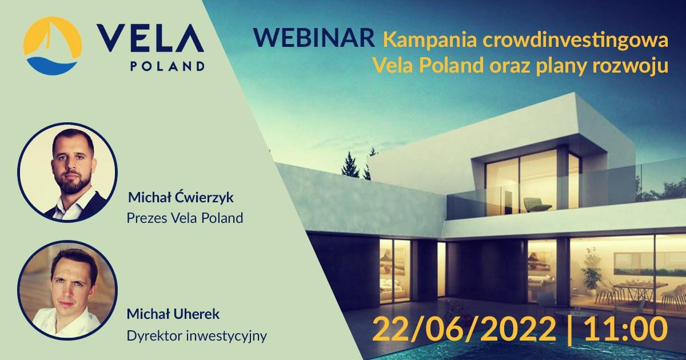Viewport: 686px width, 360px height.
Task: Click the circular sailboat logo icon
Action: [53, 46]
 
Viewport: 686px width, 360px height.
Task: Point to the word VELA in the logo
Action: [150, 38]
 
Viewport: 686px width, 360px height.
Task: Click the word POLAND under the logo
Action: [167, 66]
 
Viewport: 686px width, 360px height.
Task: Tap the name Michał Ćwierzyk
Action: [181, 197]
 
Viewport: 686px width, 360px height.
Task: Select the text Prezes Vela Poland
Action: [185, 218]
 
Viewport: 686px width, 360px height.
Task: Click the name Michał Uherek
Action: [173, 314]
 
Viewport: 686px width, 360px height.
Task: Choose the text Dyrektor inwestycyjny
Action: [197, 336]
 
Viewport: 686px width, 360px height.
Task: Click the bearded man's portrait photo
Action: [67, 173]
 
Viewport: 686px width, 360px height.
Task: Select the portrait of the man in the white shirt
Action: [67, 290]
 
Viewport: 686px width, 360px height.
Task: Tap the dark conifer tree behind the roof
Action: [349, 165]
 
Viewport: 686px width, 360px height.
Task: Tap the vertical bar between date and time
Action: [570, 330]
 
